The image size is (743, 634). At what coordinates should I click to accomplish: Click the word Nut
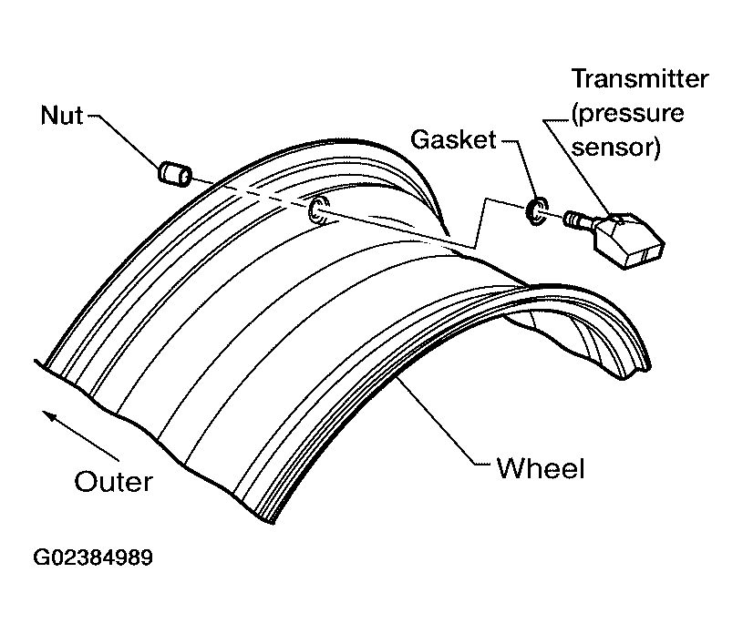[62, 115]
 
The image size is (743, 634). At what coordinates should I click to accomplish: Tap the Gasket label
[453, 139]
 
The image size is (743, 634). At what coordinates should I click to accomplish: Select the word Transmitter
[640, 78]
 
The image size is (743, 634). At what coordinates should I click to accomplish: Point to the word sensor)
[616, 148]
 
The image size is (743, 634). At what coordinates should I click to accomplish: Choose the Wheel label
[541, 469]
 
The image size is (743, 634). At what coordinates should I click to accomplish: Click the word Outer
[114, 482]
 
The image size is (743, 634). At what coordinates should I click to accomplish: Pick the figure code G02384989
[93, 557]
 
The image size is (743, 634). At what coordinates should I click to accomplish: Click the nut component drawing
[175, 174]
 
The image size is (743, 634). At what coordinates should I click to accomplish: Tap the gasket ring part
[536, 211]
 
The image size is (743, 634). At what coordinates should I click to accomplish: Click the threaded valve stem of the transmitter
[578, 220]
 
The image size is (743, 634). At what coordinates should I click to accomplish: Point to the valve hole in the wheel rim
[318, 210]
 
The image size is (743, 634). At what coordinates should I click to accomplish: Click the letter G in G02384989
[41, 557]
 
